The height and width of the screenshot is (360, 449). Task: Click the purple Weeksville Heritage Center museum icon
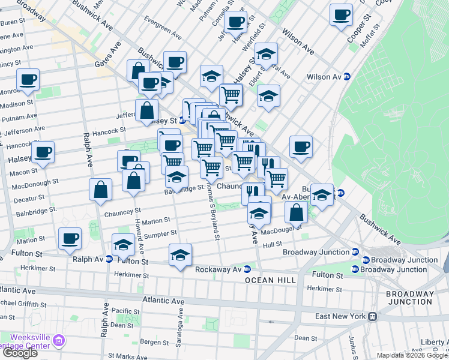pyautogui.click(x=59, y=341)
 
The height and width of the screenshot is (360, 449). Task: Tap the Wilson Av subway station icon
pyautogui.click(x=346, y=77)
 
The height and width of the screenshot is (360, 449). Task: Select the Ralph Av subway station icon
pyautogui.click(x=109, y=260)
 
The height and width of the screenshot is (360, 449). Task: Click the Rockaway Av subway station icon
pyautogui.click(x=247, y=269)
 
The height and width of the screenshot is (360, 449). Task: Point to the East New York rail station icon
pyautogui.click(x=372, y=316)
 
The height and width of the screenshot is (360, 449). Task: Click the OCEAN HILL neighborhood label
pyautogui.click(x=269, y=280)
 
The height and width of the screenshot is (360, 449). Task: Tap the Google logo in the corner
pyautogui.click(x=20, y=353)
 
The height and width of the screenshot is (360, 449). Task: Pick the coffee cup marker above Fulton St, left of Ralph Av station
pyautogui.click(x=70, y=238)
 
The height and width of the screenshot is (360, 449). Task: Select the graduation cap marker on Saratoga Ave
pyautogui.click(x=180, y=254)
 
